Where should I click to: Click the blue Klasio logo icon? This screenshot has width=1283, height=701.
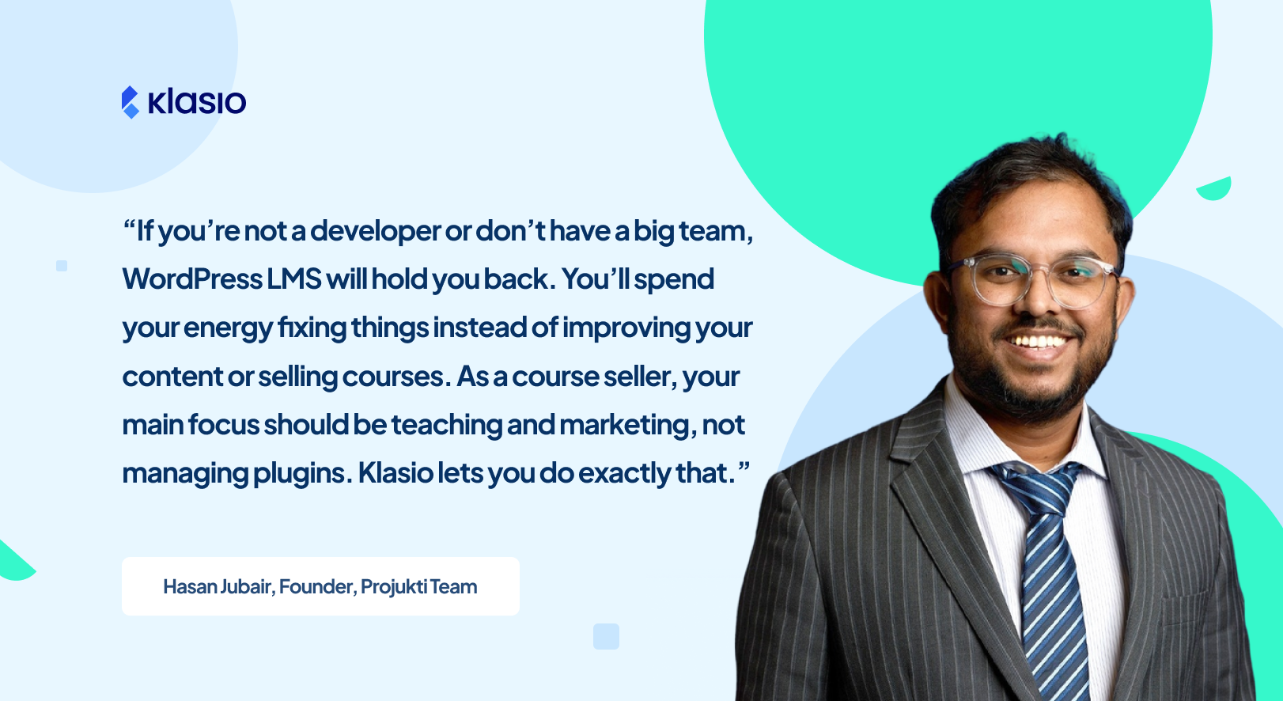coord(130,102)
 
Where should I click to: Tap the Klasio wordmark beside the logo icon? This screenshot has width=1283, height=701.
coord(197,102)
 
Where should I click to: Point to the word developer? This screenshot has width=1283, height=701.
coord(375,231)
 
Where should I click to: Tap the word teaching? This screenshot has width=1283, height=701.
coord(446,425)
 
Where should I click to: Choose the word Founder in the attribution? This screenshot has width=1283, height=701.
coord(316,586)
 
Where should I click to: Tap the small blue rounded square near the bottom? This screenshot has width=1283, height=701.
coord(606,636)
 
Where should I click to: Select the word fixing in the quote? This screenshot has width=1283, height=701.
coord(312,328)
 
